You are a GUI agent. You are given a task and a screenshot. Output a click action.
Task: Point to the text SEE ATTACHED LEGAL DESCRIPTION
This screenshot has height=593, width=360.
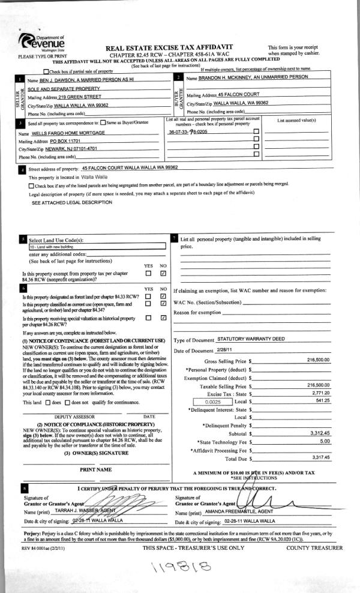coord(71,203)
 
